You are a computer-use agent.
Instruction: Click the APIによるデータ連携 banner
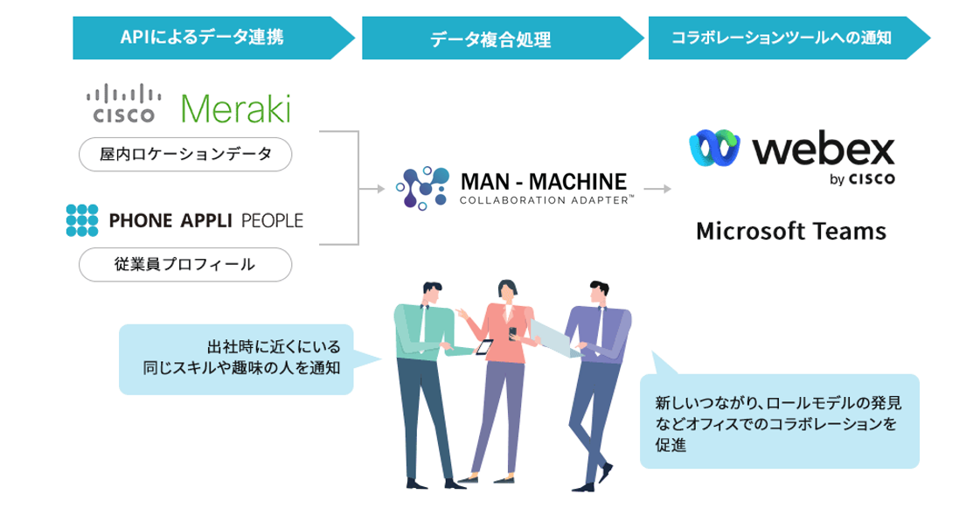pyautogui.click(x=202, y=37)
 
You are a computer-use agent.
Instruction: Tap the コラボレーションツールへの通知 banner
pyautogui.click(x=782, y=37)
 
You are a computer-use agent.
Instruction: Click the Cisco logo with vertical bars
pyautogui.click(x=123, y=102)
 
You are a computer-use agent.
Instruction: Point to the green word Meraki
pyautogui.click(x=234, y=108)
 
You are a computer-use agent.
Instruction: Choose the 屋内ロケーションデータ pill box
pyautogui.click(x=184, y=155)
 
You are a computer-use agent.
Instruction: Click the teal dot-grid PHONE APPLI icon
pyautogui.click(x=82, y=220)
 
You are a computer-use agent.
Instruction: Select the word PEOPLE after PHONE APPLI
pyautogui.click(x=271, y=220)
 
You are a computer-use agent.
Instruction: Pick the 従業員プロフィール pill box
pyautogui.click(x=184, y=264)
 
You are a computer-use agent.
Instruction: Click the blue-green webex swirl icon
pyautogui.click(x=715, y=148)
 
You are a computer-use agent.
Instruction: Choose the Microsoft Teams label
pyautogui.click(x=790, y=232)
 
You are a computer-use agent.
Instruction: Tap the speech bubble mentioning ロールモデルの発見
pyautogui.click(x=779, y=421)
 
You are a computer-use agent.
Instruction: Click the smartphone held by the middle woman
pyautogui.click(x=484, y=347)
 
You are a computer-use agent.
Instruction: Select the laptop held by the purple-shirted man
pyautogui.click(x=553, y=337)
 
